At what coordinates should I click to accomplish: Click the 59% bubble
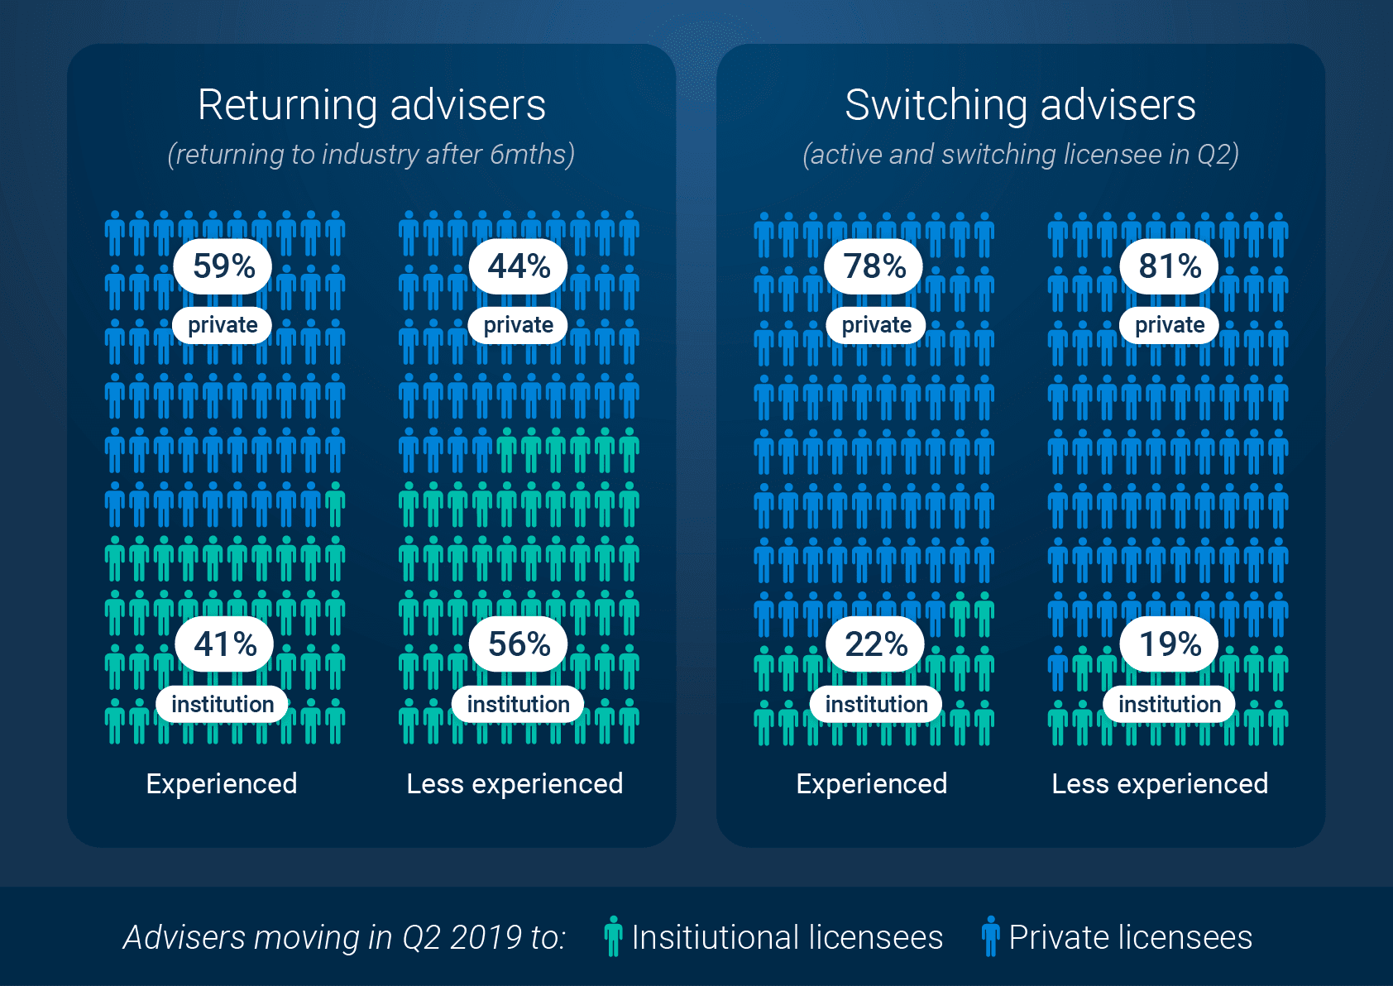[x=223, y=266]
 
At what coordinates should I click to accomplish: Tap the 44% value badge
[x=519, y=266]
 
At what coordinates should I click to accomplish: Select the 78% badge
[x=874, y=266]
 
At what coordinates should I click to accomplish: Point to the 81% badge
[x=1169, y=266]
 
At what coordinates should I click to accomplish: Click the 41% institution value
[x=225, y=644]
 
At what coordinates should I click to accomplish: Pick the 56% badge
[x=519, y=644]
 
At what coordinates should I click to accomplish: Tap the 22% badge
[x=876, y=644]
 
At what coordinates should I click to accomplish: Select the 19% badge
[x=1170, y=644]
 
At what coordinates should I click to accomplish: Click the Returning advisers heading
[x=371, y=105]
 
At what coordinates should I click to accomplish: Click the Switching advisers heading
[x=1020, y=105]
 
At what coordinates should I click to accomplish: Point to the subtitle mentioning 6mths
[x=371, y=155]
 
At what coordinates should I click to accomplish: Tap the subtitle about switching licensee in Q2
[x=1020, y=155]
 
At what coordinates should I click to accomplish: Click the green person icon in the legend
[x=613, y=936]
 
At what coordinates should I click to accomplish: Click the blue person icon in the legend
[x=990, y=936]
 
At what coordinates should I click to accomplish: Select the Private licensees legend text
[x=1130, y=937]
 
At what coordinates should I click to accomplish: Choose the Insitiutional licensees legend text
[x=787, y=937]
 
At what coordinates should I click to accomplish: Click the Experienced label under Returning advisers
[x=222, y=783]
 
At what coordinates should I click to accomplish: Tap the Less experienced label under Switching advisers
[x=1160, y=783]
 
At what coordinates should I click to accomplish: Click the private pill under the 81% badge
[x=1169, y=325]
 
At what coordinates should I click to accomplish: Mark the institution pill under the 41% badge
[x=223, y=704]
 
